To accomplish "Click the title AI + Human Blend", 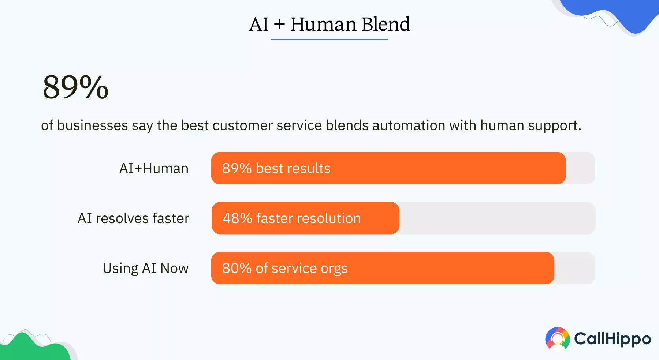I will click(329, 25).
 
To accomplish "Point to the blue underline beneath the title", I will click(329, 39).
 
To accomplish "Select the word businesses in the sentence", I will click(92, 125).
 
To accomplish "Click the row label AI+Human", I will click(154, 169).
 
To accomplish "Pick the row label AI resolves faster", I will click(133, 218).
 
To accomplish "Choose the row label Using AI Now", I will click(145, 268).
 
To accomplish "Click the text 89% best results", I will click(276, 169).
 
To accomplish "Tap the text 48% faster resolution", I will click(291, 218).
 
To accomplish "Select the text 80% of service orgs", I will click(284, 268).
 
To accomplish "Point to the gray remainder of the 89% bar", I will click(581, 168).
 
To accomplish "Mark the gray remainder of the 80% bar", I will click(575, 268).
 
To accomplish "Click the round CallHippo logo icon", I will click(557, 339).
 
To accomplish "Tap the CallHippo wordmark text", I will click(613, 339).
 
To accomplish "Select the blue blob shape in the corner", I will click(622, 13).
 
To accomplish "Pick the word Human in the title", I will click(323, 25).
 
